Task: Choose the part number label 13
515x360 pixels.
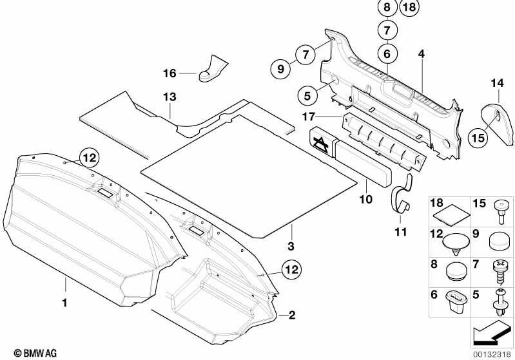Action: pos(169,97)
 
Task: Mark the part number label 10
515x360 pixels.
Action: pos(365,200)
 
